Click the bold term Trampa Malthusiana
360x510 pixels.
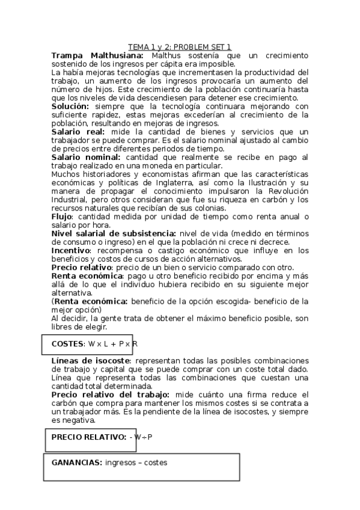point(97,55)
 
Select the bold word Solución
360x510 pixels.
point(70,106)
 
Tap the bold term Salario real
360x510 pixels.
point(78,131)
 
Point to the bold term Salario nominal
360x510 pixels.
point(85,157)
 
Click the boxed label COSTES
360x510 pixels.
point(68,343)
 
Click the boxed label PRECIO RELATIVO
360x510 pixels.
point(89,437)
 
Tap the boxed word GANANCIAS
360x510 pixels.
point(77,462)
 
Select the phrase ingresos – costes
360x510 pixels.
point(136,462)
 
